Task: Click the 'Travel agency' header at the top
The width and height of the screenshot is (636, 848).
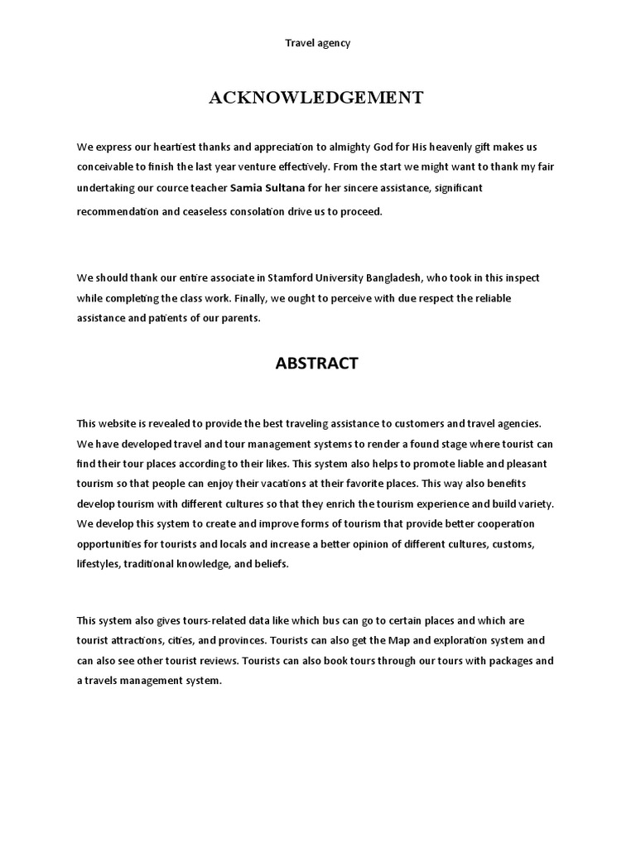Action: point(318,43)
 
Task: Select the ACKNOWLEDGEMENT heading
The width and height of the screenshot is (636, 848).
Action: point(316,99)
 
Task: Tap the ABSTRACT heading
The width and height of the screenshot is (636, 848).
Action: point(317,364)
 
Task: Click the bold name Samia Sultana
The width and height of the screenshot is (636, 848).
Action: point(267,188)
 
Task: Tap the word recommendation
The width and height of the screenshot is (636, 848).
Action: point(118,211)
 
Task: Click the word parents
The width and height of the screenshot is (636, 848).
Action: point(242,318)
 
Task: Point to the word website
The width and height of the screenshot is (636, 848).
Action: point(121,423)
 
